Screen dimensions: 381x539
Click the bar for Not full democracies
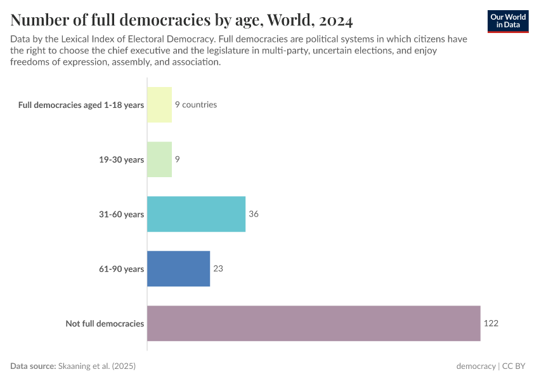(x=313, y=323)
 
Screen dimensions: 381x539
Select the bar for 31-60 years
(x=196, y=214)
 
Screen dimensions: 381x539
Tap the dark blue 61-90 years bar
(x=178, y=269)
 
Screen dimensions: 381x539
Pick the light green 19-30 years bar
(x=159, y=159)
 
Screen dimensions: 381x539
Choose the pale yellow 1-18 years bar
(x=159, y=105)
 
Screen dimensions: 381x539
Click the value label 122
(x=491, y=323)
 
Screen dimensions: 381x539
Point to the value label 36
(x=254, y=214)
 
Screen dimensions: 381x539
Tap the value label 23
(x=218, y=269)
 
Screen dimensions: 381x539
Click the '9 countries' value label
(x=196, y=105)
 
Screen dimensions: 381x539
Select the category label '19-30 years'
(x=120, y=159)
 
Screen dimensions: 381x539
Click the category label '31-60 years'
(x=120, y=214)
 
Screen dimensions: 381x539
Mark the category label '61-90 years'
(x=120, y=269)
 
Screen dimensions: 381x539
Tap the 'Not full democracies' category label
(x=105, y=324)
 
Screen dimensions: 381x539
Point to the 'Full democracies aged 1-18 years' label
(x=81, y=105)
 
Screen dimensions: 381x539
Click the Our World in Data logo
(x=508, y=21)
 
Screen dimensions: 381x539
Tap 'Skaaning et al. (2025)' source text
(x=97, y=366)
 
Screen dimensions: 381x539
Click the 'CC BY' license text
(x=516, y=366)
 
